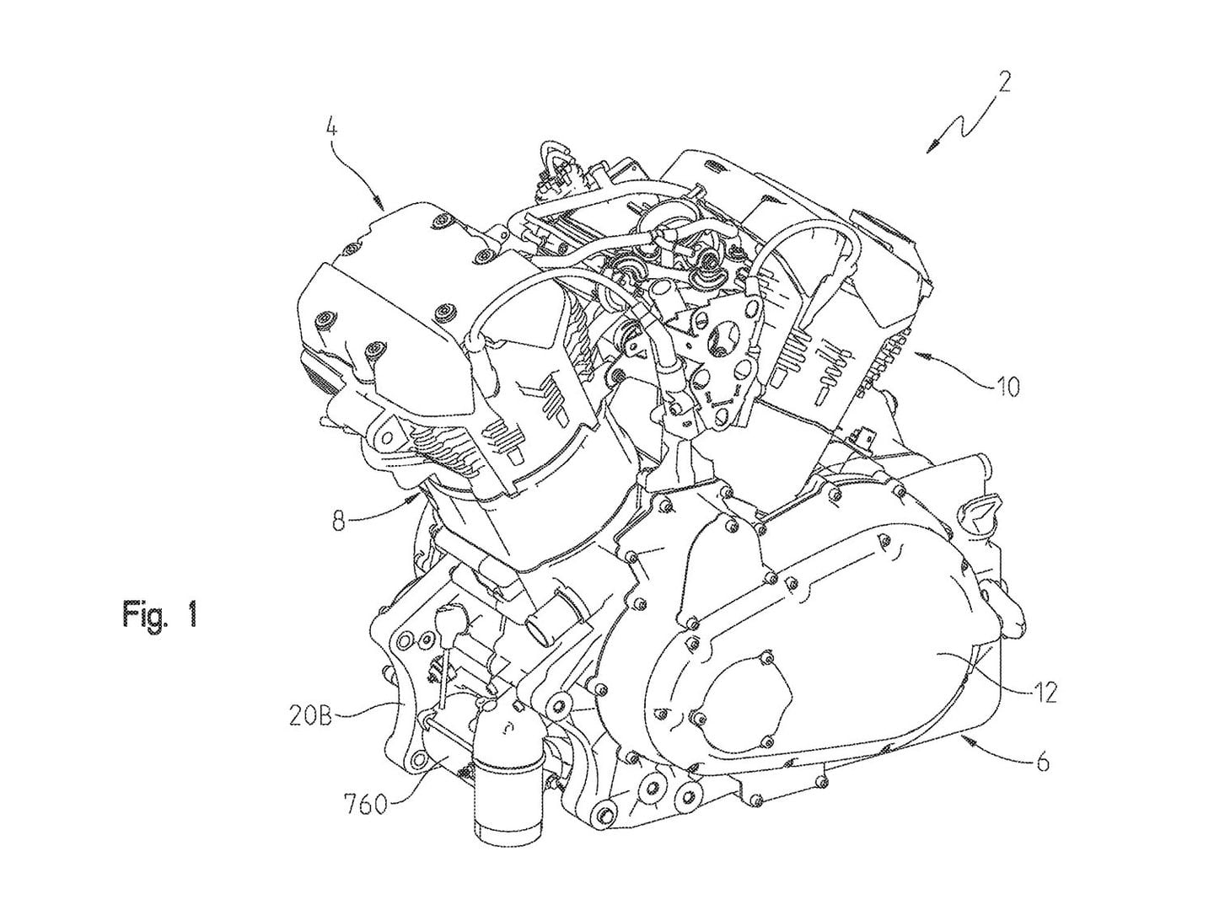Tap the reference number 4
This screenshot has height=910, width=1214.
pyautogui.click(x=332, y=130)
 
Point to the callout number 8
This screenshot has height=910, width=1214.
pyautogui.click(x=338, y=522)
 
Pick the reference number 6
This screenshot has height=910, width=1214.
pyautogui.click(x=1043, y=763)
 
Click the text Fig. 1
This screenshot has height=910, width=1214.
pyautogui.click(x=160, y=614)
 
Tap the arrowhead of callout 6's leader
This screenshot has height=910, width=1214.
pyautogui.click(x=968, y=738)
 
